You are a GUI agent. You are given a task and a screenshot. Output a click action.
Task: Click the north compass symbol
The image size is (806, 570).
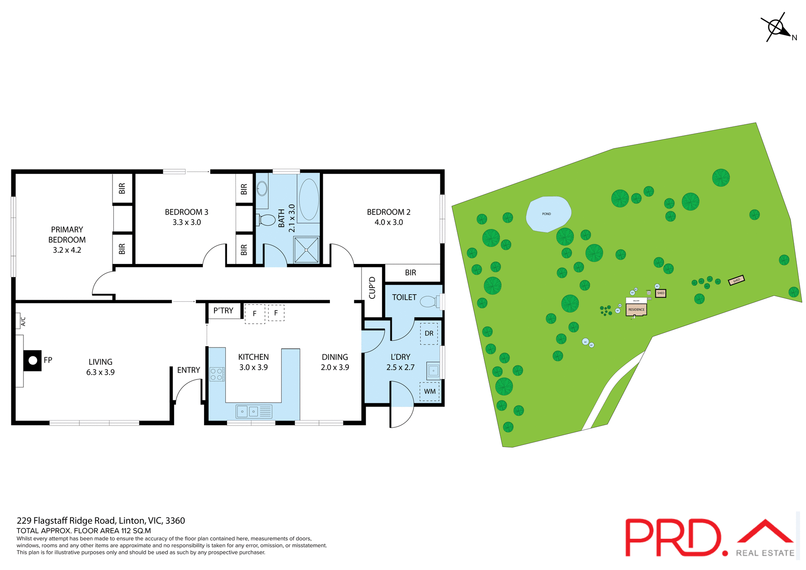point(776,28)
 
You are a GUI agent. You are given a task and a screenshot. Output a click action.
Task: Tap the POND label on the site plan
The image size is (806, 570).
point(546,214)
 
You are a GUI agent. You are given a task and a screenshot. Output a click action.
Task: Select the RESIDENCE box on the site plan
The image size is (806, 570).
point(636,310)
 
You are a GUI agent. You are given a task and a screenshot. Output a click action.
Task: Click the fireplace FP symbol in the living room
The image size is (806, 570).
point(33,360)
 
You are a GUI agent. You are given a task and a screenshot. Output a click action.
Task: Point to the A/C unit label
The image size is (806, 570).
point(23,322)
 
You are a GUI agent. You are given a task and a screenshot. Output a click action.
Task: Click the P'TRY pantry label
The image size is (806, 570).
point(223,311)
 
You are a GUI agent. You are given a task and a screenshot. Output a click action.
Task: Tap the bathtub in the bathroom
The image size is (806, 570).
point(309,199)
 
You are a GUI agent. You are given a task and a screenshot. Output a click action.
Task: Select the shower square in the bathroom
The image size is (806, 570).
point(306,250)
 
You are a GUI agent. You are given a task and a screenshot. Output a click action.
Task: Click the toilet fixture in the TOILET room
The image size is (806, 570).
point(429,301)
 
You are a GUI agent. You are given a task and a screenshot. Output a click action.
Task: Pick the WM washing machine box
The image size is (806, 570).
point(429,391)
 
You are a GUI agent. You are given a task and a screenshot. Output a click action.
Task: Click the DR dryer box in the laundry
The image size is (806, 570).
point(429,334)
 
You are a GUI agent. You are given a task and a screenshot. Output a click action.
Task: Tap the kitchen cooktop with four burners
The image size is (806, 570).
point(217,374)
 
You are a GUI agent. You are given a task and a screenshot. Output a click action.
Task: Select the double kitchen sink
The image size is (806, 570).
point(248,411)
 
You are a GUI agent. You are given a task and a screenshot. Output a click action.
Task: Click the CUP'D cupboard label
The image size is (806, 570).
point(372,288)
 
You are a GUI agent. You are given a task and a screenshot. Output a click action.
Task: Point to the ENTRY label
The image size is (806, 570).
point(188,370)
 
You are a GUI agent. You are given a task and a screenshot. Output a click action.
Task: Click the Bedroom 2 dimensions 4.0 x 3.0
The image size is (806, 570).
point(389,222)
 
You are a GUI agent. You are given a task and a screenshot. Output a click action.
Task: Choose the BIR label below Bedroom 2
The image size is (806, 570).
point(410,273)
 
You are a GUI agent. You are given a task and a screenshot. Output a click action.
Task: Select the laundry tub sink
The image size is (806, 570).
point(433,371)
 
